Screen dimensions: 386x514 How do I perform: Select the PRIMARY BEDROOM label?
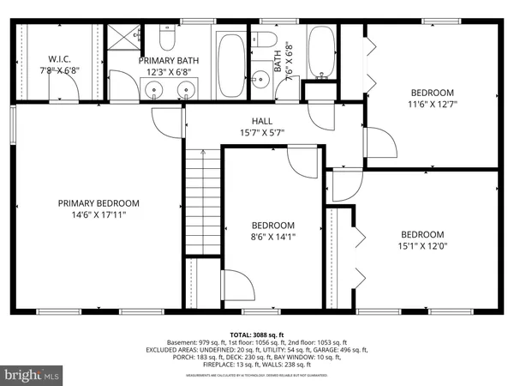[99, 203]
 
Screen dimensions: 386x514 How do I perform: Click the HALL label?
[262, 121]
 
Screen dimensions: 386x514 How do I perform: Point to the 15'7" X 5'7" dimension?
[262, 132]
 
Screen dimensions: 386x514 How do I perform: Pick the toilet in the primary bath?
[168, 39]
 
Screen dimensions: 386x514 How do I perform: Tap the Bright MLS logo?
[32, 375]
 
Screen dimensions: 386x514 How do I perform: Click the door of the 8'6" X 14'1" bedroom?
[302, 160]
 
